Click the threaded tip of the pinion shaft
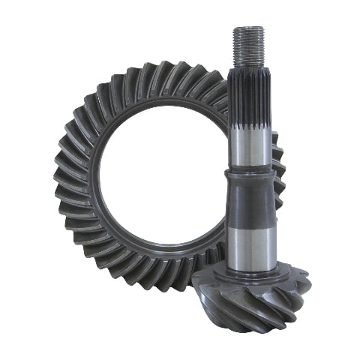click(247, 45)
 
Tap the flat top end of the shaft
click(247, 28)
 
